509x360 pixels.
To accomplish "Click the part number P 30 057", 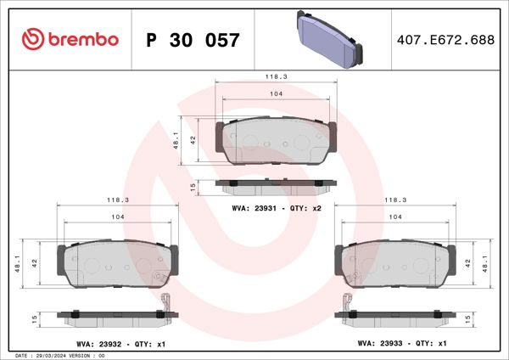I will click(x=193, y=40).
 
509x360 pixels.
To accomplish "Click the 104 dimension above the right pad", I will click(x=394, y=217).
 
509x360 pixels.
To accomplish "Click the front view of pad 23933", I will click(x=394, y=263).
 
